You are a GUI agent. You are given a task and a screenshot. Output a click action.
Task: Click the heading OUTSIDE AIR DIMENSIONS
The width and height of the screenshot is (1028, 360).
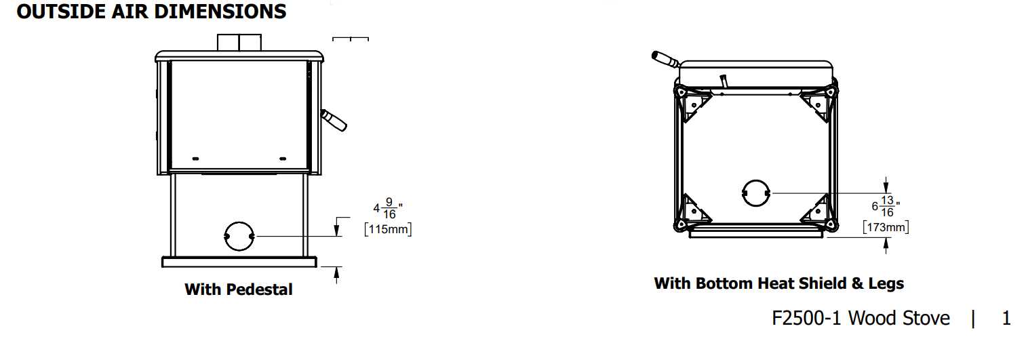click(151, 12)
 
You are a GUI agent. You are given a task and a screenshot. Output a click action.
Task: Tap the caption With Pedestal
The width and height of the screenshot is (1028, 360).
click(238, 289)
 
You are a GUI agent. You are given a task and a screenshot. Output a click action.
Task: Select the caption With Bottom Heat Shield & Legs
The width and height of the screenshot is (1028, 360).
click(779, 283)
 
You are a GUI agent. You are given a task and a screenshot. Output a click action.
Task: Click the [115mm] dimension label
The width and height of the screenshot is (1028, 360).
click(388, 229)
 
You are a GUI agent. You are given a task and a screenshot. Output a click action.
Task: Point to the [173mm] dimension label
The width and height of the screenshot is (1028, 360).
click(886, 227)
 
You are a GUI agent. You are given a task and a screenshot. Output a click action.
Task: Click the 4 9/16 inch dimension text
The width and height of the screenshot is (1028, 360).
click(388, 208)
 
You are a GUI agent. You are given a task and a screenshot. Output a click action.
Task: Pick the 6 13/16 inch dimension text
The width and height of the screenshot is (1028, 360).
click(886, 206)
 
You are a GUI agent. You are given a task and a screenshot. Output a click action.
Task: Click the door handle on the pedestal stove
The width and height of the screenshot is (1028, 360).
click(334, 120)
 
